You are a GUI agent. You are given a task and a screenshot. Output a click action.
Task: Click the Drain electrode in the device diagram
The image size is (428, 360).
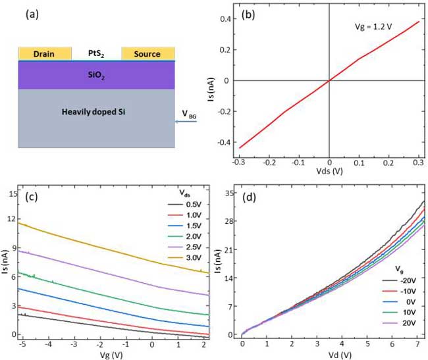(45, 53)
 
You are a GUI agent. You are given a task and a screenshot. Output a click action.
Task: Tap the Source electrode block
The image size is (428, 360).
(148, 53)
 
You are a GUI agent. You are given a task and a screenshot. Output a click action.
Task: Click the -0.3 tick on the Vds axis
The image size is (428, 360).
(239, 161)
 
